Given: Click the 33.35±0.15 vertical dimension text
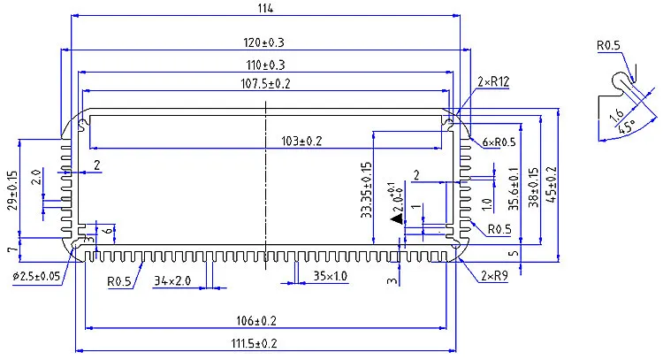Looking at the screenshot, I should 365,191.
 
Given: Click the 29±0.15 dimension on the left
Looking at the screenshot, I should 11,191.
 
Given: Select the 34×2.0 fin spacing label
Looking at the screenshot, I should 171,280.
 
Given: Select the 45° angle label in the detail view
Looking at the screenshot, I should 627,127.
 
